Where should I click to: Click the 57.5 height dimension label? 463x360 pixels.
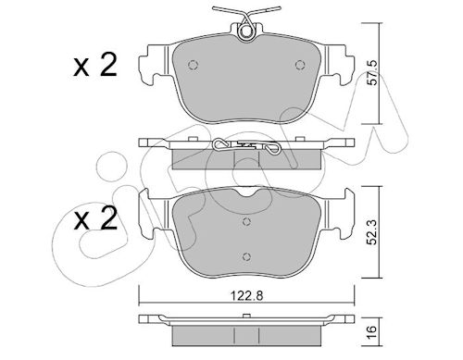tap(372, 73)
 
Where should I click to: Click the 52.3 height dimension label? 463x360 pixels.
tap(372, 232)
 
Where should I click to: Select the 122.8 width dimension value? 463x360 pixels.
tap(247, 296)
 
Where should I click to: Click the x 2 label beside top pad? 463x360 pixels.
tap(95, 65)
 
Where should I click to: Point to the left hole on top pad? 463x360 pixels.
tap(193, 65)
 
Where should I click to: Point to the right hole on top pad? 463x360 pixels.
tap(300, 65)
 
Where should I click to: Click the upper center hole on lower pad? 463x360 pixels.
tap(246, 221)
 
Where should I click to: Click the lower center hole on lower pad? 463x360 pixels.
tap(246, 256)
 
